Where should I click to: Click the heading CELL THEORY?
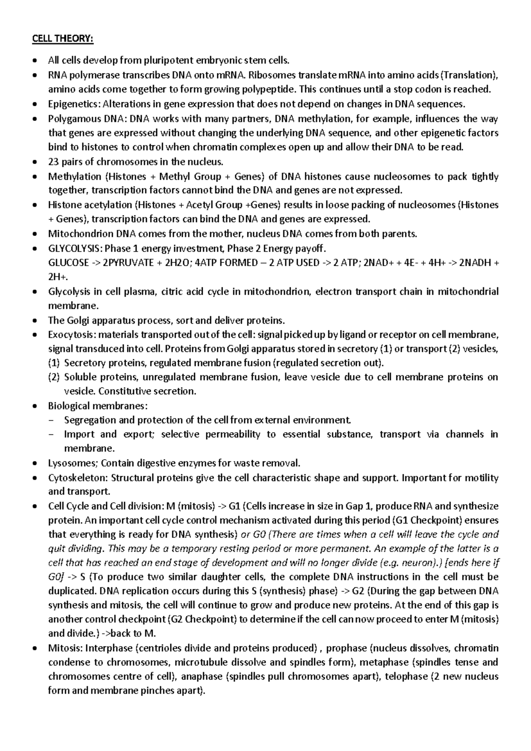pyautogui.click(x=63, y=39)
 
